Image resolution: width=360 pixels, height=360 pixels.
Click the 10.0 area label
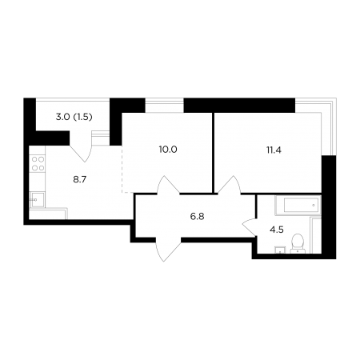(x=168, y=150)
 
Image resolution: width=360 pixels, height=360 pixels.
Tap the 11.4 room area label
(x=274, y=150)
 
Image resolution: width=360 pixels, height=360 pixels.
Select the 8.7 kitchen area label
(x=80, y=180)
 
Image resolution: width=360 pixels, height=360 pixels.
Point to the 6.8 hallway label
(x=197, y=217)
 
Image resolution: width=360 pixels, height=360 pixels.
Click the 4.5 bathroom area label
(x=277, y=230)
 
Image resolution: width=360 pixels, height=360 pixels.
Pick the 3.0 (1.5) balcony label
(x=74, y=117)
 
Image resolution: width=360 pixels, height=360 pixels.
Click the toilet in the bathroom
(x=298, y=243)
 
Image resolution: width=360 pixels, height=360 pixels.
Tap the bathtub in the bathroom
(x=298, y=206)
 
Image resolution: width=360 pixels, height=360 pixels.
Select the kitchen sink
(x=37, y=199)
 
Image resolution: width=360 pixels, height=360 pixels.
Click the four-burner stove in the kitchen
(x=38, y=164)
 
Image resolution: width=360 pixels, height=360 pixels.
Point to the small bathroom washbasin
(x=280, y=250)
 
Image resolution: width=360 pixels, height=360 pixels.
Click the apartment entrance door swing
(x=168, y=250)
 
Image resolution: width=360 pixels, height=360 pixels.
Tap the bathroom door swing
(x=249, y=227)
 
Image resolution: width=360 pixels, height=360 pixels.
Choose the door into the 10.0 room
(x=168, y=185)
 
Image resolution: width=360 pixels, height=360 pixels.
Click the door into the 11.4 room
(x=230, y=184)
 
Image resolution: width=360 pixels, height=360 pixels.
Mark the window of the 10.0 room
(x=165, y=106)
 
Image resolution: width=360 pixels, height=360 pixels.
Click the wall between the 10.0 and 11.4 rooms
(x=214, y=153)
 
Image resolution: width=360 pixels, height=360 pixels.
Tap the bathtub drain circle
(x=314, y=205)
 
